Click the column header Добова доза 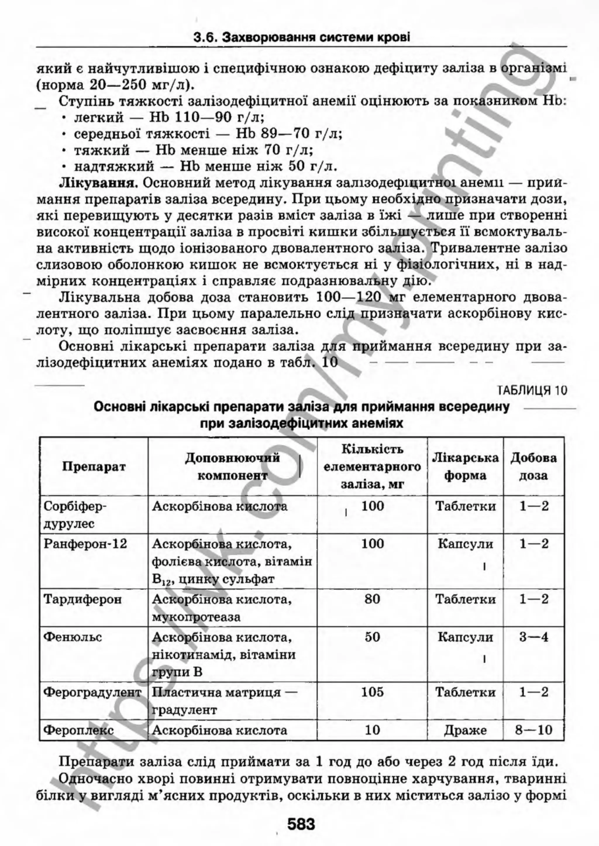533,466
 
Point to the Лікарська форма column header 465,466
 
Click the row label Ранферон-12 85,544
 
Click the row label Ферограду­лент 92,692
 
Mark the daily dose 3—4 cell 534,637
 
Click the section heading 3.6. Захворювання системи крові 301,38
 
